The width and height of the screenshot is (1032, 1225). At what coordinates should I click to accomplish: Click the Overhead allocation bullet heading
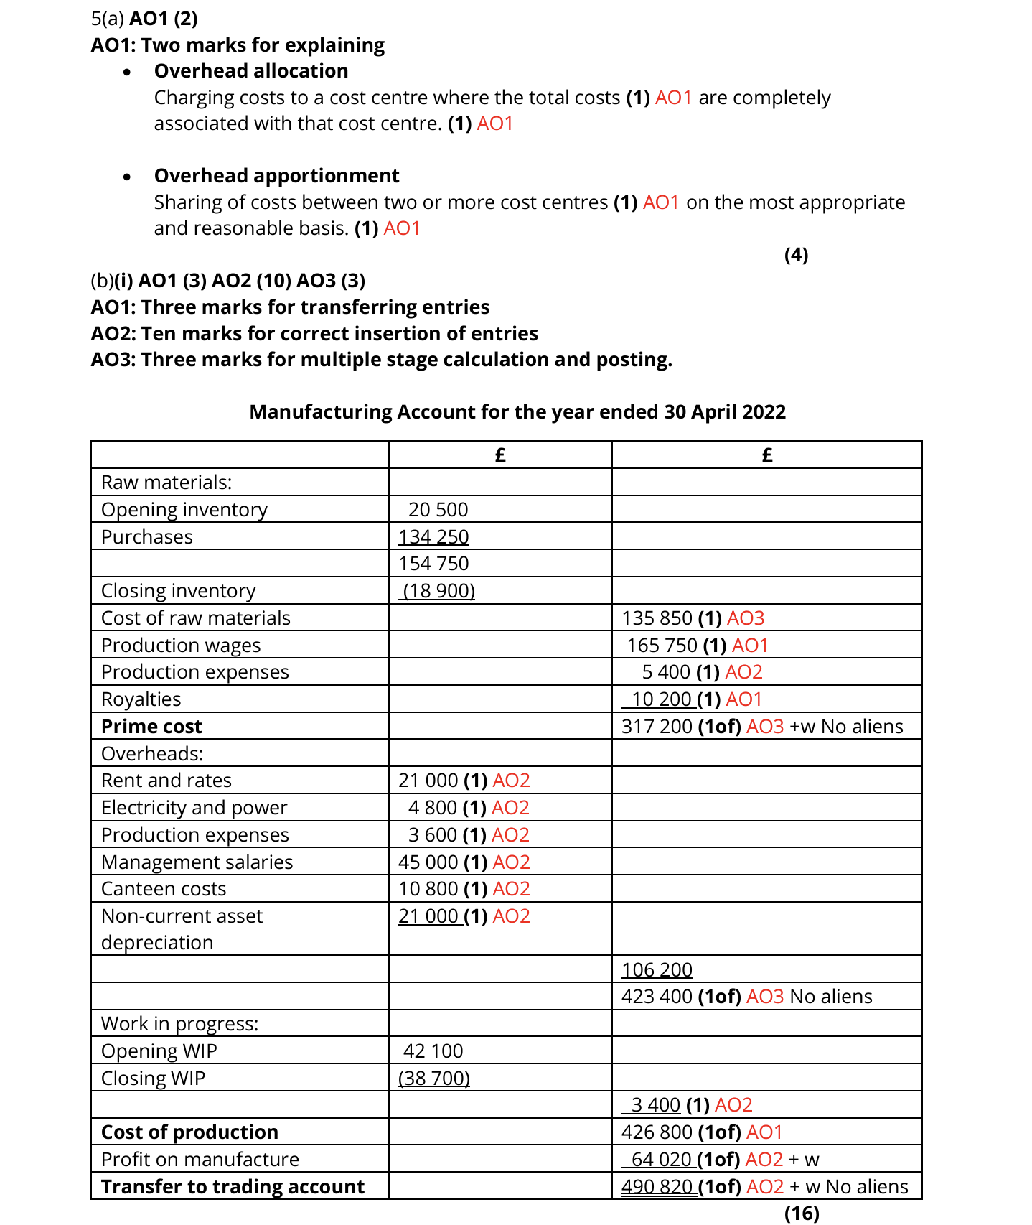click(x=250, y=71)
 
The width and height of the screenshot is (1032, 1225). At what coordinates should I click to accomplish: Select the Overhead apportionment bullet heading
click(x=276, y=176)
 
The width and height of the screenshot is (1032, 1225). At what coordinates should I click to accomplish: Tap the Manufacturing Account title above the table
click(x=517, y=412)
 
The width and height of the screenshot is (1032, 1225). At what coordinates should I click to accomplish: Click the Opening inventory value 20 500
click(x=438, y=510)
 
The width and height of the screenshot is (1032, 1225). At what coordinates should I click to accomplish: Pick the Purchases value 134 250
click(x=433, y=537)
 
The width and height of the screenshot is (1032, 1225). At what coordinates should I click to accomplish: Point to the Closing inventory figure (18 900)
click(x=438, y=591)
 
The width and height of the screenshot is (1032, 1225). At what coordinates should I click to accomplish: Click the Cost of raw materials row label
click(x=195, y=618)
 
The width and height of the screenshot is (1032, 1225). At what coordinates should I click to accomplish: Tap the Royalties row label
click(x=141, y=699)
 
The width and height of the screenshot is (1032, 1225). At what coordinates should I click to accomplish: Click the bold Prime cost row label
click(x=151, y=727)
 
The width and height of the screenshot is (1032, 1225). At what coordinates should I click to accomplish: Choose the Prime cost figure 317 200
click(x=657, y=727)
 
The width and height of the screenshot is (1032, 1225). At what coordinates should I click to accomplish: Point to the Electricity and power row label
click(x=194, y=808)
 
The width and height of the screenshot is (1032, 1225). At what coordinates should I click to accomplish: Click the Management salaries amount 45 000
click(x=428, y=862)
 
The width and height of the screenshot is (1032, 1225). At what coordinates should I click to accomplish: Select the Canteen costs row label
click(x=164, y=889)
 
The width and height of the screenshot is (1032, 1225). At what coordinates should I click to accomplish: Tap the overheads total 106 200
click(x=657, y=970)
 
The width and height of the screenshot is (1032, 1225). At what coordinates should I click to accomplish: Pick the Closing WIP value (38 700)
click(x=433, y=1079)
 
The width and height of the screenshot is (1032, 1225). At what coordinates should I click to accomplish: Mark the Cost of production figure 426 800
click(x=657, y=1132)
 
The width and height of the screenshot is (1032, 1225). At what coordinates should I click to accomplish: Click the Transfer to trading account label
click(x=233, y=1187)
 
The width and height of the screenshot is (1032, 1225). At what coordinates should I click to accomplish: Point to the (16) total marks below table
click(x=801, y=1214)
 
